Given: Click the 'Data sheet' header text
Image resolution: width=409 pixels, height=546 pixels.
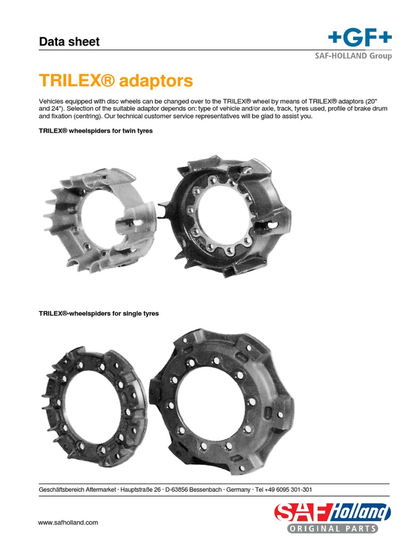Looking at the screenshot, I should click(x=69, y=42).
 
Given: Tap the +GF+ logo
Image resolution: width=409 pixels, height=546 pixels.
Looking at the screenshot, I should click(x=359, y=38).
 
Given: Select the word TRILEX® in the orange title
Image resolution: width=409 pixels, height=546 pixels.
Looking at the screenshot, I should click(x=77, y=82).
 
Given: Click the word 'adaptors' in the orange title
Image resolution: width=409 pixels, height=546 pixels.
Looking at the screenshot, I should click(x=156, y=82).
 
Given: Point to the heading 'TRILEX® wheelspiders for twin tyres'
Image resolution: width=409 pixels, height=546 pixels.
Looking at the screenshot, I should click(x=96, y=131).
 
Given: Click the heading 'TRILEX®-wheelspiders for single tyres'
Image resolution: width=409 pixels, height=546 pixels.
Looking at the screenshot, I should click(x=99, y=314).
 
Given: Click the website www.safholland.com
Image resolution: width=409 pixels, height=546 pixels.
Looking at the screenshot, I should click(x=68, y=523).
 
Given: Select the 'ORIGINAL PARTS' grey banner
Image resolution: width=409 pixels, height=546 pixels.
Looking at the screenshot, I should click(x=333, y=528).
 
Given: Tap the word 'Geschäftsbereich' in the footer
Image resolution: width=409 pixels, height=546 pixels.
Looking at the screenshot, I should click(x=60, y=489).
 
